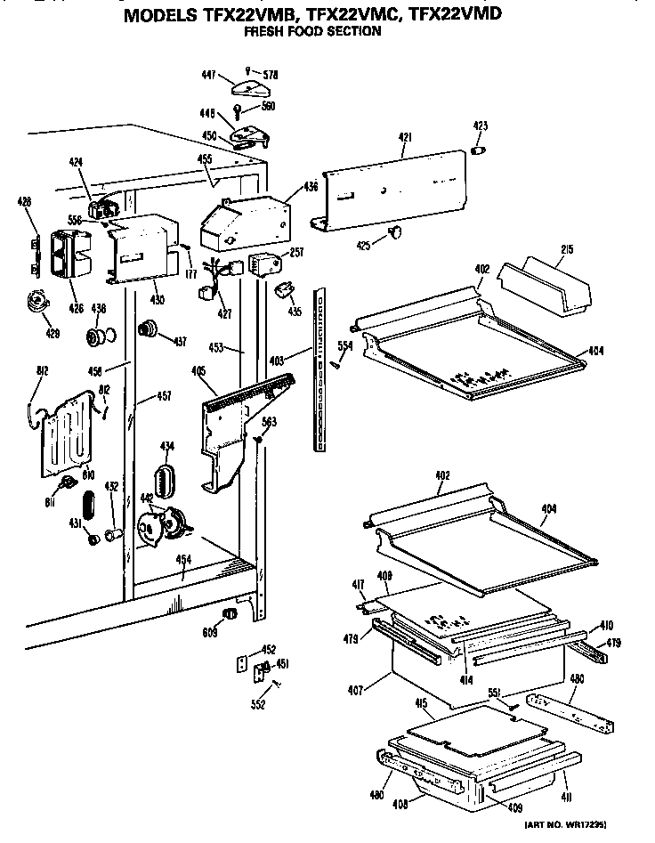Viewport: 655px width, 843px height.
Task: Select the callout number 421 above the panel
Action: [405, 136]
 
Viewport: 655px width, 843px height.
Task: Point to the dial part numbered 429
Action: [36, 303]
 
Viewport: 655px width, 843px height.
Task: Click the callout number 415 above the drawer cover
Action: [423, 703]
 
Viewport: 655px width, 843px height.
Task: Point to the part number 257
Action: [298, 252]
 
